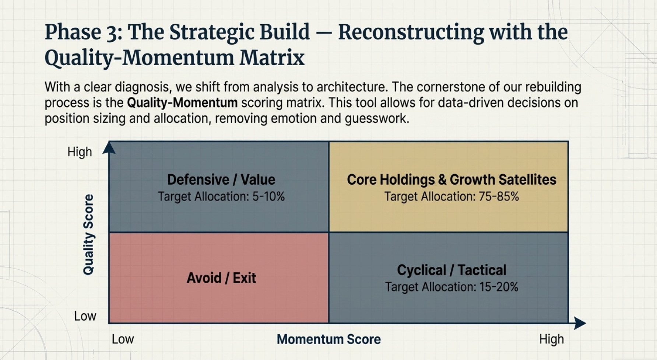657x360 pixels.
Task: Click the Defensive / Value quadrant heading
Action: click(x=221, y=179)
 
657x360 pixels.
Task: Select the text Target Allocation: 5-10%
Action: click(x=221, y=196)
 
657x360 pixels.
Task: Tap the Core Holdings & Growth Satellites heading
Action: click(x=452, y=179)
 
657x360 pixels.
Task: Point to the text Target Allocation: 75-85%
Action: click(x=452, y=196)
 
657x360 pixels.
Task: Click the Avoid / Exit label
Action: click(x=221, y=278)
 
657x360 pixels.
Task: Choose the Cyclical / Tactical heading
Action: click(x=452, y=270)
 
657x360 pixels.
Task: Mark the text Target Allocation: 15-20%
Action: click(x=452, y=287)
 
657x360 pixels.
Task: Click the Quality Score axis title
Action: click(x=88, y=234)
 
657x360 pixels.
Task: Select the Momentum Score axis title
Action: click(x=328, y=339)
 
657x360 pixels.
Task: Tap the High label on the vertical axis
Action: click(x=80, y=152)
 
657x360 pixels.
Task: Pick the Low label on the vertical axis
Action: click(x=85, y=316)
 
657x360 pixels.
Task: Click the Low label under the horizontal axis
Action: click(x=123, y=339)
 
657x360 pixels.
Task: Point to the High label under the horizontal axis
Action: click(x=551, y=339)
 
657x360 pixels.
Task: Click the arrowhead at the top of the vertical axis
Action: click(x=109, y=148)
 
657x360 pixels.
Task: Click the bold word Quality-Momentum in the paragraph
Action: click(x=182, y=102)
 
